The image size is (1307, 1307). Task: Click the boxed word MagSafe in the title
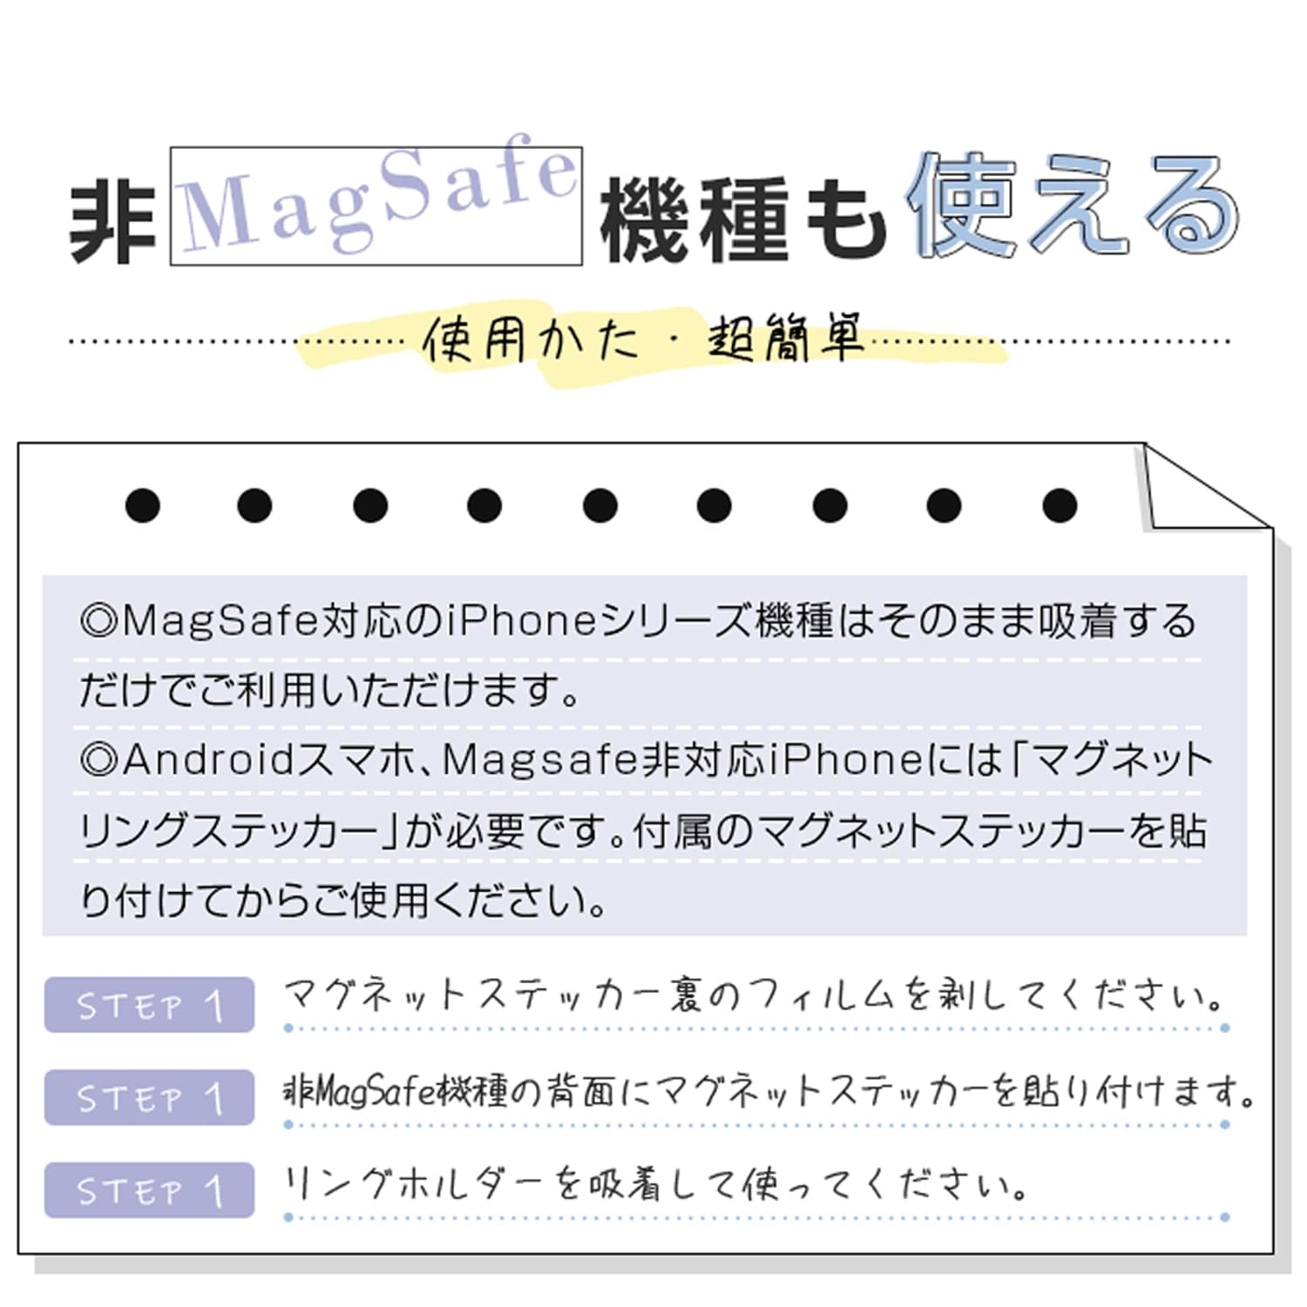click(x=376, y=206)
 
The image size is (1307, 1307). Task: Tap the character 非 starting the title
click(x=112, y=221)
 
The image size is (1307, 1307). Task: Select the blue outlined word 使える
click(x=1072, y=207)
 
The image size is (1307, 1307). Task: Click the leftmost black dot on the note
click(x=143, y=505)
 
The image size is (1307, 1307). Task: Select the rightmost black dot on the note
click(x=1060, y=505)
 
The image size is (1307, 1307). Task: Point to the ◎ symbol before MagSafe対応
click(x=98, y=621)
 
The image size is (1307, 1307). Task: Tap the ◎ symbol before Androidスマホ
click(x=98, y=760)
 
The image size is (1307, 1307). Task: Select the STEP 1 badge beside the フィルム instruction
click(x=149, y=1005)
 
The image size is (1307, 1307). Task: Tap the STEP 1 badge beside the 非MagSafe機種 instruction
click(x=149, y=1097)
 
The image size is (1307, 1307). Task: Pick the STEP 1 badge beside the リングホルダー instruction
click(x=149, y=1189)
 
